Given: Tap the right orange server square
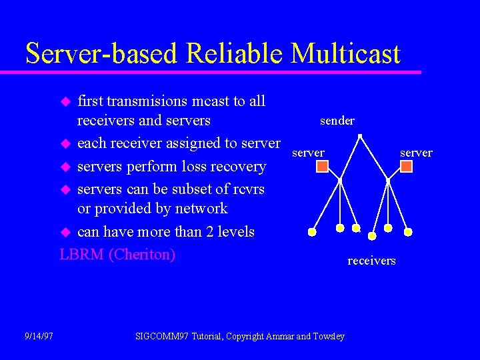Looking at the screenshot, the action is tap(406, 166).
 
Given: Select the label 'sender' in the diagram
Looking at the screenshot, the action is tap(337, 121).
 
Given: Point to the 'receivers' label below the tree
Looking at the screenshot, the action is tap(371, 261).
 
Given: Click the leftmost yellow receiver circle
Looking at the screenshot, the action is tap(312, 232).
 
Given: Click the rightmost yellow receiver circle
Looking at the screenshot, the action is tap(408, 232).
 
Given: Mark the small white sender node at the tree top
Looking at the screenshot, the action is tap(360, 137).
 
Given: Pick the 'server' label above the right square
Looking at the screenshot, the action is tap(416, 153).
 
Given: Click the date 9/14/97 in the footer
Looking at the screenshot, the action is tap(39, 336).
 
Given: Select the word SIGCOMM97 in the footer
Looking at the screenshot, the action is tap(162, 336).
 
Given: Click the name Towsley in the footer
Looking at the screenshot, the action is tap(329, 336).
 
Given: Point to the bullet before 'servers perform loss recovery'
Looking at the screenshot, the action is tap(65, 167).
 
